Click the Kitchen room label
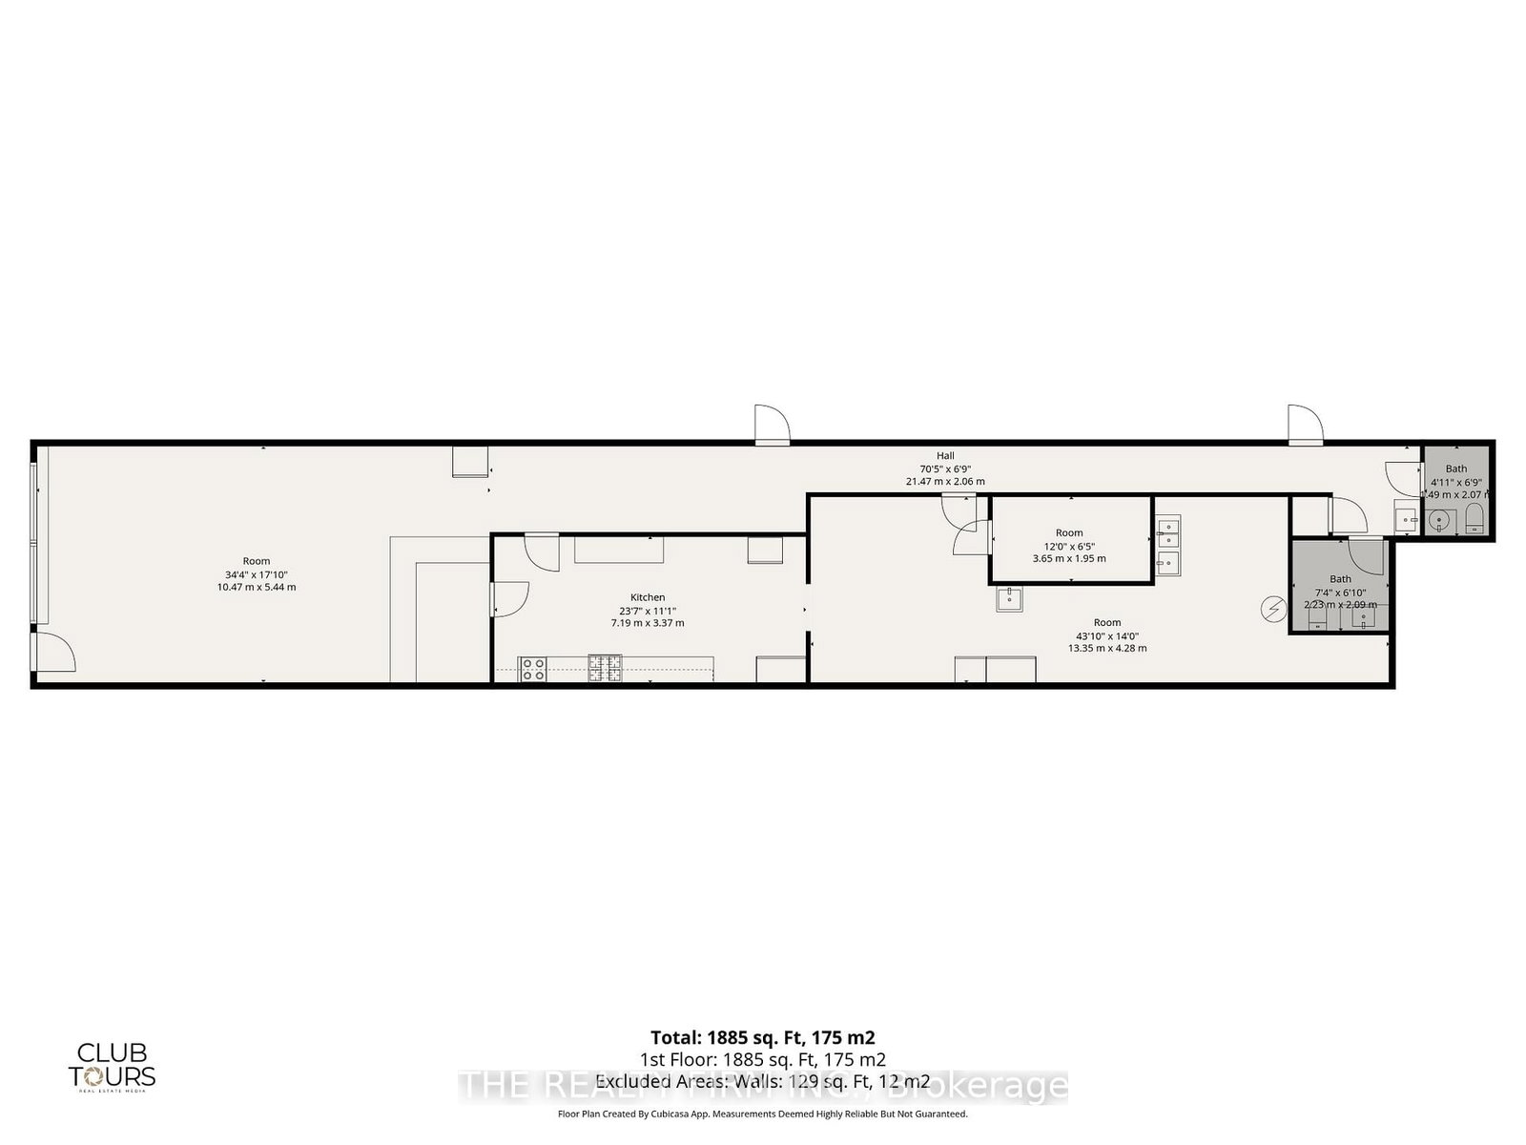coord(648,597)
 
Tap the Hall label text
coord(944,456)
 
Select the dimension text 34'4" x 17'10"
coord(256,574)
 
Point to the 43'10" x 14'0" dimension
coord(1107,635)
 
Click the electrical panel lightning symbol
coord(1271,608)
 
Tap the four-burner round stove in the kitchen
coord(533,669)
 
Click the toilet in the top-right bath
coord(1474,521)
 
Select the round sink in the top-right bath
coord(1439,521)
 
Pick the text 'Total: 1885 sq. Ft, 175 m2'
coord(762,1037)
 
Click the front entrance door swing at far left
coord(53,652)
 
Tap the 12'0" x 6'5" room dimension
coord(1069,546)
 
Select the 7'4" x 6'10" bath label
coord(1340,592)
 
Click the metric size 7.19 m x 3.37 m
coord(648,623)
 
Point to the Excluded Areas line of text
coord(762,1081)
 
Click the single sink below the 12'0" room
coord(1009,599)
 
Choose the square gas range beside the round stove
coord(604,668)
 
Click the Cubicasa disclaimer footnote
coord(762,1114)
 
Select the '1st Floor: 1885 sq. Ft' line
coord(762,1059)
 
